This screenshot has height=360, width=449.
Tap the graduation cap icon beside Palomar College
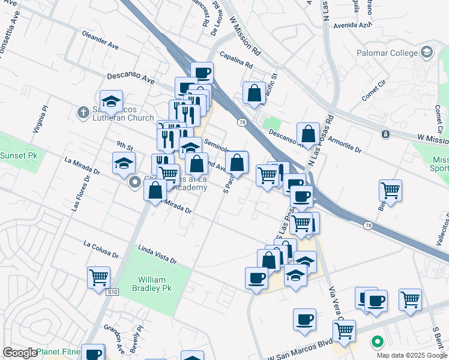pos(427,52)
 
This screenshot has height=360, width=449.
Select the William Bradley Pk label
pos(155,284)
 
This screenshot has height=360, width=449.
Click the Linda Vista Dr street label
pos(157,257)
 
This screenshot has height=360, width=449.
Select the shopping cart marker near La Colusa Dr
pos(98,278)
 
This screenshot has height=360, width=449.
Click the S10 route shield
pos(112,293)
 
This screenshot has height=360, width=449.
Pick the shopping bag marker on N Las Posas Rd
pos(308,134)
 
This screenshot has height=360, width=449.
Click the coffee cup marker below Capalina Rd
pos(202,73)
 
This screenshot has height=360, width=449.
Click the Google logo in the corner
pos(19,353)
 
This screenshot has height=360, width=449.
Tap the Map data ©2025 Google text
pos(412,355)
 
